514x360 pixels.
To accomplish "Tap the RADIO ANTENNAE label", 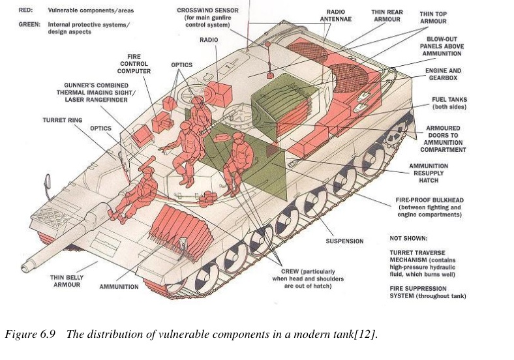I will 339,15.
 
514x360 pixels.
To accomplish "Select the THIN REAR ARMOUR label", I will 386,15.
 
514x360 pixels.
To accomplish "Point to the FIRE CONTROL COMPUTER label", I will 134,63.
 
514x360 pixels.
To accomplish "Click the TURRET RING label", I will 61,120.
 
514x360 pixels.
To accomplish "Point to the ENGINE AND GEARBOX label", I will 443,74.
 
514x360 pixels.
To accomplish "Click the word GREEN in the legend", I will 31,24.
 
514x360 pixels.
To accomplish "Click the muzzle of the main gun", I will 28,265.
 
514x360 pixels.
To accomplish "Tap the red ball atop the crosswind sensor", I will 267,44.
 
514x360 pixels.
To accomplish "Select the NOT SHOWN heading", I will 409,238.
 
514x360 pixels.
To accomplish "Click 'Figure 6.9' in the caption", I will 25,335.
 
